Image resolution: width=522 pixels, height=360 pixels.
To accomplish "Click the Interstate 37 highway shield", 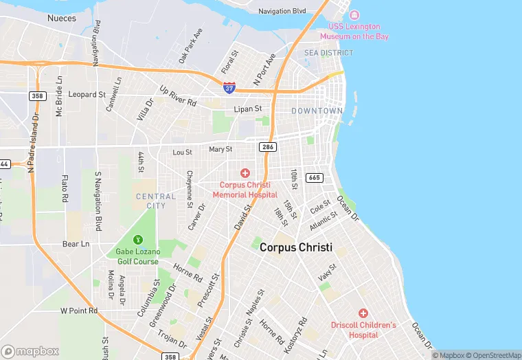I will pyautogui.click(x=229, y=88).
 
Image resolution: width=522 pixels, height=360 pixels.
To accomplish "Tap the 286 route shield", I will pyautogui.click(x=267, y=147).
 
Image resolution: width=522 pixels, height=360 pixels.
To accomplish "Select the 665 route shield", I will pyautogui.click(x=315, y=178).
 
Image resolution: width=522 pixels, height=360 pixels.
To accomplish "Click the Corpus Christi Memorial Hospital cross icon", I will pyautogui.click(x=245, y=173).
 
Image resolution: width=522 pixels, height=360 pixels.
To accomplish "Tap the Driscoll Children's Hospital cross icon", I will pyautogui.click(x=363, y=313).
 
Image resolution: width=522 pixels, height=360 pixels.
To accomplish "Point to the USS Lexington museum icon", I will pyautogui.click(x=354, y=16).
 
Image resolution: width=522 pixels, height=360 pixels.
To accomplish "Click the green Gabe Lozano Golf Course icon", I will pyautogui.click(x=137, y=240).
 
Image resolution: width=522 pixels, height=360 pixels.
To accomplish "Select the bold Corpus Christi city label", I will pyautogui.click(x=296, y=247).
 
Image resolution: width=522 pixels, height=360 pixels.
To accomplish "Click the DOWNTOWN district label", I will pyautogui.click(x=317, y=111).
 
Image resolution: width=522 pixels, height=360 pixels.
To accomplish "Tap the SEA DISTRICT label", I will pyautogui.click(x=329, y=53).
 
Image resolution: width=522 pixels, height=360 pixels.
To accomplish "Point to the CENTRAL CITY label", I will pyautogui.click(x=156, y=201).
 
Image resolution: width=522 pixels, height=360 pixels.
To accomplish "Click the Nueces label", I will pyautogui.click(x=61, y=18).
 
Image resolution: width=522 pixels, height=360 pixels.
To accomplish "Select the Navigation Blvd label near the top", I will pyautogui.click(x=282, y=11).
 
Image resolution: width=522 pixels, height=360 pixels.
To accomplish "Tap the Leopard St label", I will pyautogui.click(x=87, y=94).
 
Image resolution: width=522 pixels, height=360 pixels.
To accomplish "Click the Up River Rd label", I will pyautogui.click(x=177, y=95).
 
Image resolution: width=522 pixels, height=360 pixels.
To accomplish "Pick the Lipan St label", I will pyautogui.click(x=248, y=109).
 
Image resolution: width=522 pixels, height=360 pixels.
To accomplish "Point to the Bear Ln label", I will pyautogui.click(x=76, y=244).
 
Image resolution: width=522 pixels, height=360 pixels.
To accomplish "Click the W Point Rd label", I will pyautogui.click(x=79, y=311).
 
